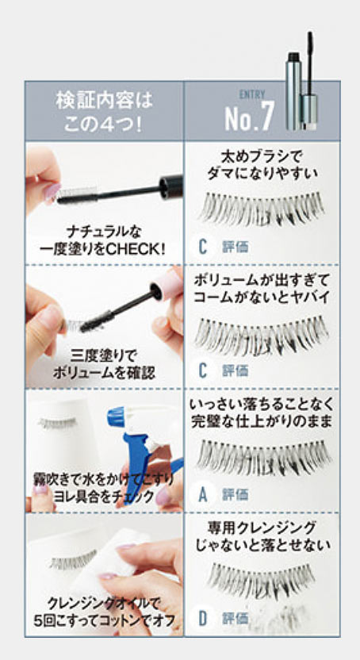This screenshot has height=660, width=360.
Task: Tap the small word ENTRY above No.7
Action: pos(252,94)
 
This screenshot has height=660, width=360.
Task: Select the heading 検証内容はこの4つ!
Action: pos(105,112)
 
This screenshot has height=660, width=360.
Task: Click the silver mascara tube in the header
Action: pos(293,90)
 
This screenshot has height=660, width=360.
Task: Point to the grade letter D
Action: pos(203,618)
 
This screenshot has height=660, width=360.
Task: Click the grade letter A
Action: pos(203,494)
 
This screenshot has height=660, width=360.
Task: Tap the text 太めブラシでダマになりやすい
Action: pos(262,166)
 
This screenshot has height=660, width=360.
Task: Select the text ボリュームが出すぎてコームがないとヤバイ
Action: pos(262,290)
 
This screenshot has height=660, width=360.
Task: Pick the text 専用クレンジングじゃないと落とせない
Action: pos(262,535)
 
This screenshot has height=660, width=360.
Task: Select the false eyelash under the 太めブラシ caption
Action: pos(262,208)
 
